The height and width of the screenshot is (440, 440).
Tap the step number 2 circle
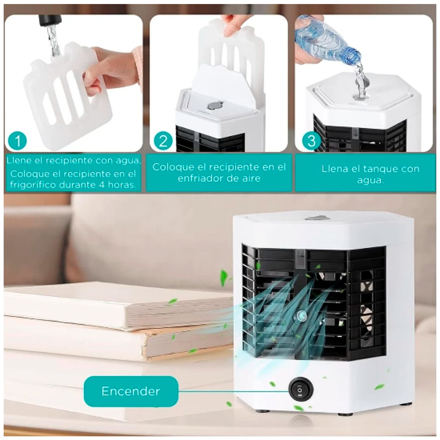[164, 141]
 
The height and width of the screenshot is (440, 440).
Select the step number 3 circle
[311, 141]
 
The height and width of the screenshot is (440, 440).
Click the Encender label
[131, 391]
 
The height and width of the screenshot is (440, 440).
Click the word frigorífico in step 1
[33, 184]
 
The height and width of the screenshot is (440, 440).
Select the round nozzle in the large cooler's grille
[302, 315]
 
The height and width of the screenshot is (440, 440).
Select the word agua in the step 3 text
[371, 180]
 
